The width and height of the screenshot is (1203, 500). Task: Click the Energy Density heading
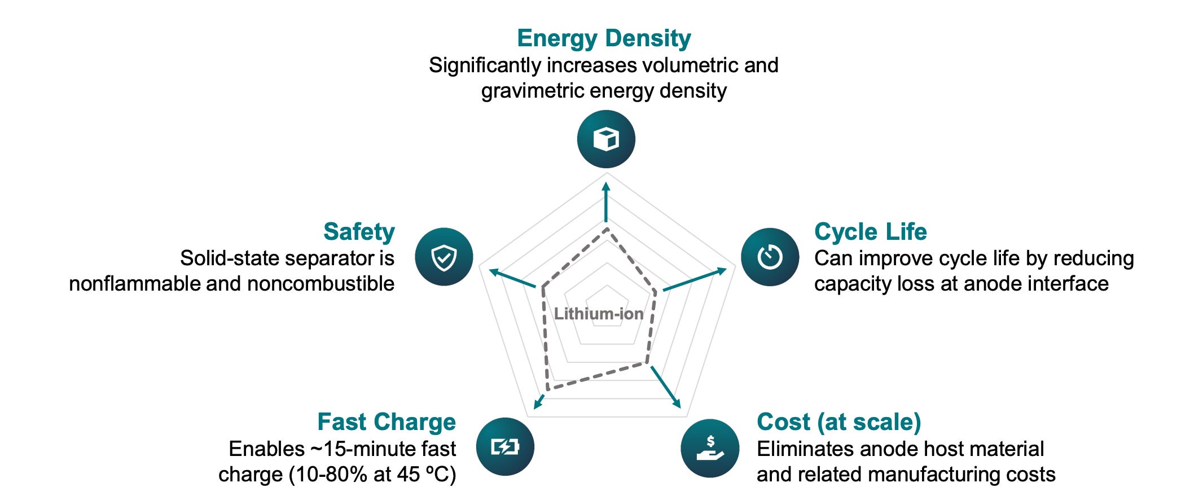[604, 38]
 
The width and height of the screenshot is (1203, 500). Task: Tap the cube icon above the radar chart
[606, 139]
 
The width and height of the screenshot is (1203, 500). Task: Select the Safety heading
[359, 231]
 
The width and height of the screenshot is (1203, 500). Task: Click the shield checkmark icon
[444, 257]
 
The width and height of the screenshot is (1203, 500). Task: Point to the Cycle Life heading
[870, 231]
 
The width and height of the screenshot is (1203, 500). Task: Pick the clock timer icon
[770, 257]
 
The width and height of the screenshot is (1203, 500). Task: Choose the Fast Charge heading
[387, 422]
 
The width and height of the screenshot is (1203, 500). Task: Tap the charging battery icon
[505, 446]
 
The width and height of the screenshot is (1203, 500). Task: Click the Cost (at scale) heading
[838, 422]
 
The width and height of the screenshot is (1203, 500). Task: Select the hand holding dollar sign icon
[710, 448]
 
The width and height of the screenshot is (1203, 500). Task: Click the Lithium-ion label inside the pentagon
[599, 314]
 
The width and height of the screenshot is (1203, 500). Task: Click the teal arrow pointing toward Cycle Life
[695, 280]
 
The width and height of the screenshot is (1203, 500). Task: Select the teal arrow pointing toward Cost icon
[666, 387]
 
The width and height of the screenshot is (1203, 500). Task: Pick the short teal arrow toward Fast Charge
[539, 401]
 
